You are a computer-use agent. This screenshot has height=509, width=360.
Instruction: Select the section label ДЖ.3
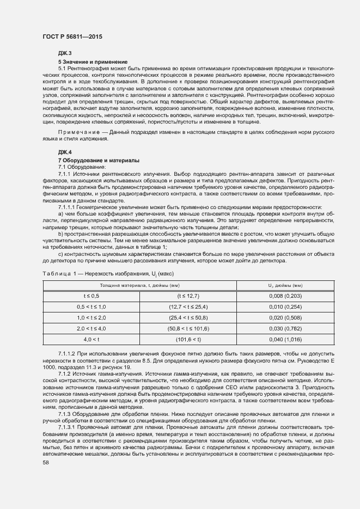coord(65,53)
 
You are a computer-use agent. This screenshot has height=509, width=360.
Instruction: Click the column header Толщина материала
coord(139,285)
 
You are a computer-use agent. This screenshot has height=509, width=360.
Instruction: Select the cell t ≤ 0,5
coord(91,296)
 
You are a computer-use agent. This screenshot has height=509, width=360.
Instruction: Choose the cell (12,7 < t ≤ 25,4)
coord(188,306)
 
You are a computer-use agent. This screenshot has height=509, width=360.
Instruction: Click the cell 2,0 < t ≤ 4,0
coord(91,328)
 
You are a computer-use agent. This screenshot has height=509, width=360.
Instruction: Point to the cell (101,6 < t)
coord(188,339)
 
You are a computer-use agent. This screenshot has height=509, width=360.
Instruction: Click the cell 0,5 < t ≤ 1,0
coord(91,306)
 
